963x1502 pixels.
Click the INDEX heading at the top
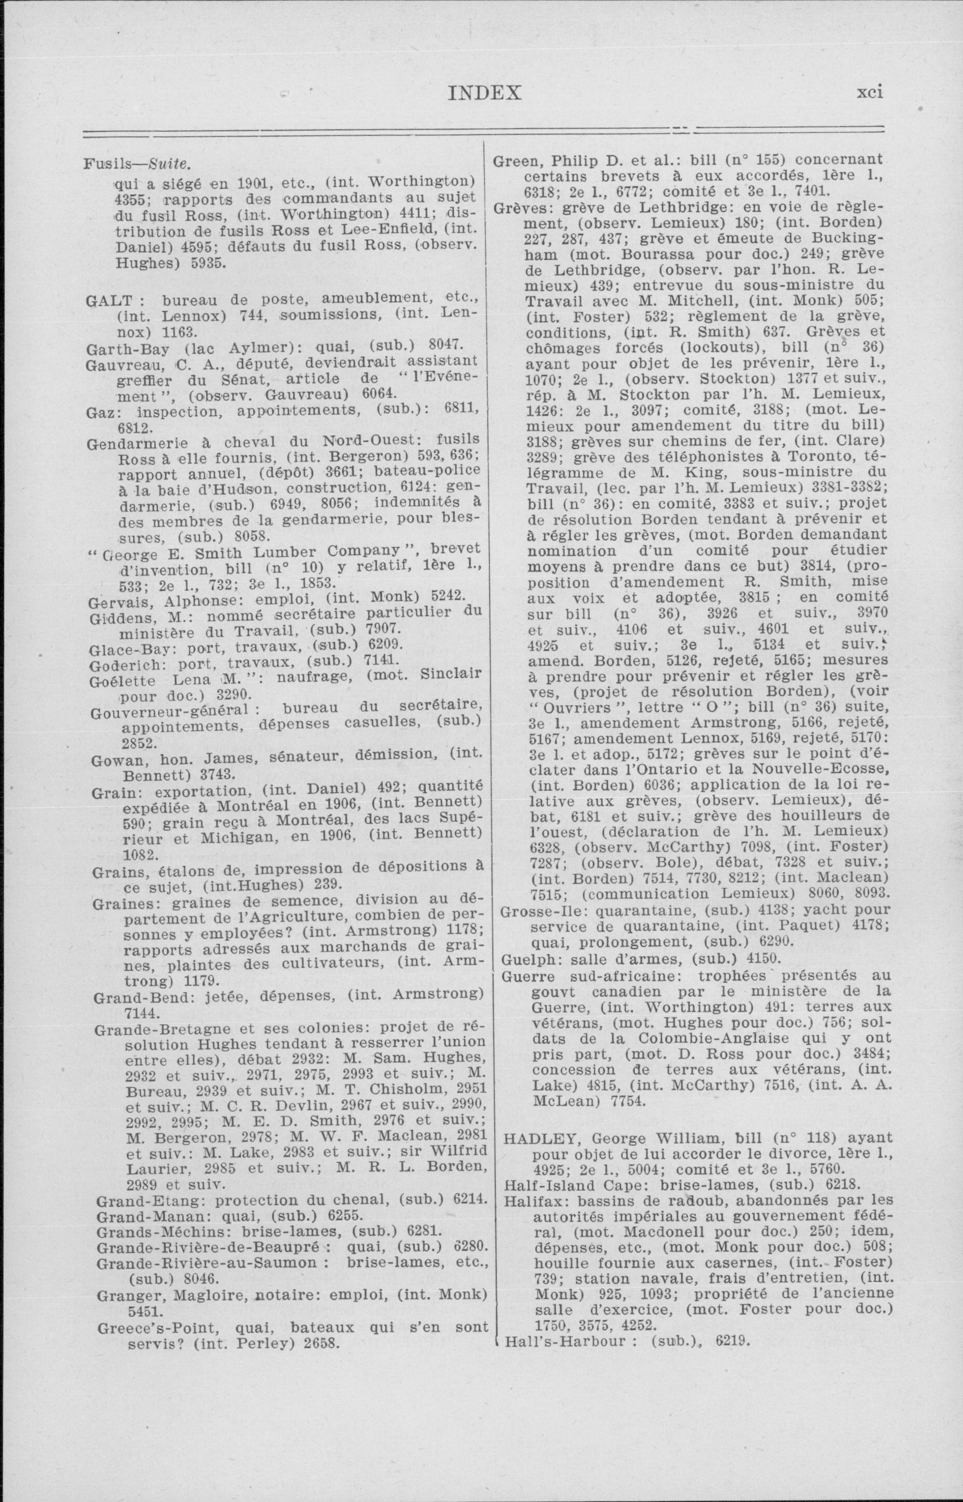pyautogui.click(x=485, y=93)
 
